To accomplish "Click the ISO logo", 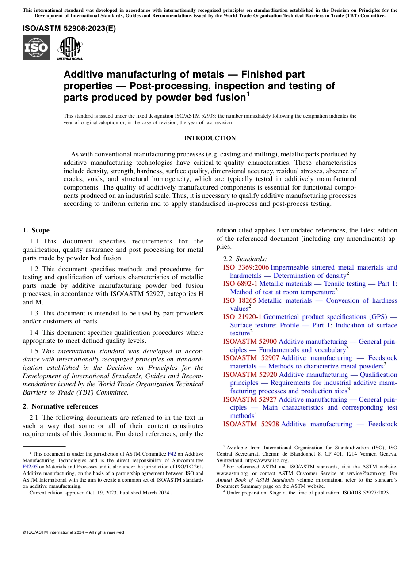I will (36, 48).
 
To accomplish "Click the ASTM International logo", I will (70, 48).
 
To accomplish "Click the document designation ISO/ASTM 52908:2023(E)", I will (69, 29).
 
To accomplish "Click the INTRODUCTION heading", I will (210, 138).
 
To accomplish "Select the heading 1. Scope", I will (36, 230).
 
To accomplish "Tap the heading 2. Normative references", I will (60, 406).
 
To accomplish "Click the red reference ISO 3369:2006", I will (246, 267).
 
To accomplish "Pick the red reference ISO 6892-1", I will (240, 284).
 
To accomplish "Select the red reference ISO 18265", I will (239, 300).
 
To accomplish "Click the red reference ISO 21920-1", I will (242, 317).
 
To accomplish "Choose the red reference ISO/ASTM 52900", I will (250, 342).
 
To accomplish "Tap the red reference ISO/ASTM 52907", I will (251, 358).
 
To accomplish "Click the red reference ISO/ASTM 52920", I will (250, 375).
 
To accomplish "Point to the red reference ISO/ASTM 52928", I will (251, 424).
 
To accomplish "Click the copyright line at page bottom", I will (73, 532).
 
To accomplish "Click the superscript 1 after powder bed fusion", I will (248, 94).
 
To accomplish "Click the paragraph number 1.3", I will (35, 313).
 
